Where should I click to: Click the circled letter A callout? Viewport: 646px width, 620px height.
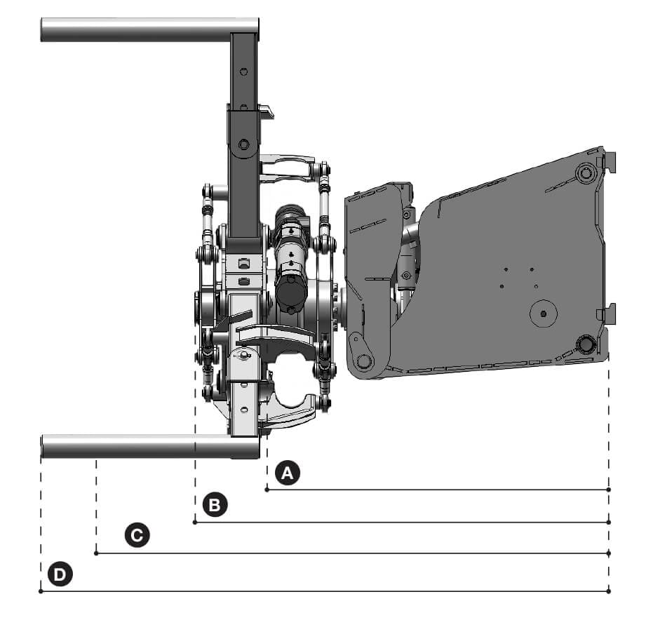click(287, 473)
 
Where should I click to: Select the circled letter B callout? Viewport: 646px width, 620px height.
click(215, 505)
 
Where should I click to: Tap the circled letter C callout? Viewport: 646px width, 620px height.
click(137, 535)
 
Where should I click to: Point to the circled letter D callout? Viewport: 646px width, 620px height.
click(60, 574)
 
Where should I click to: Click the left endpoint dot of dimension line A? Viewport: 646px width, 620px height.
click(267, 490)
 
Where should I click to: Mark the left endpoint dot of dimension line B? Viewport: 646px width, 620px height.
click(195, 523)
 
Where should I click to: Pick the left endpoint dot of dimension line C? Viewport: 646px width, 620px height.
click(96, 553)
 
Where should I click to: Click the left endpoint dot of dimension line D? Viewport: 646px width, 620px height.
click(41, 591)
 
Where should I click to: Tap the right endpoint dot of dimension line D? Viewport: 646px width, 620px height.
click(609, 591)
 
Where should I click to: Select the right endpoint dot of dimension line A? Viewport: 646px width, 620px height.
click(609, 490)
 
